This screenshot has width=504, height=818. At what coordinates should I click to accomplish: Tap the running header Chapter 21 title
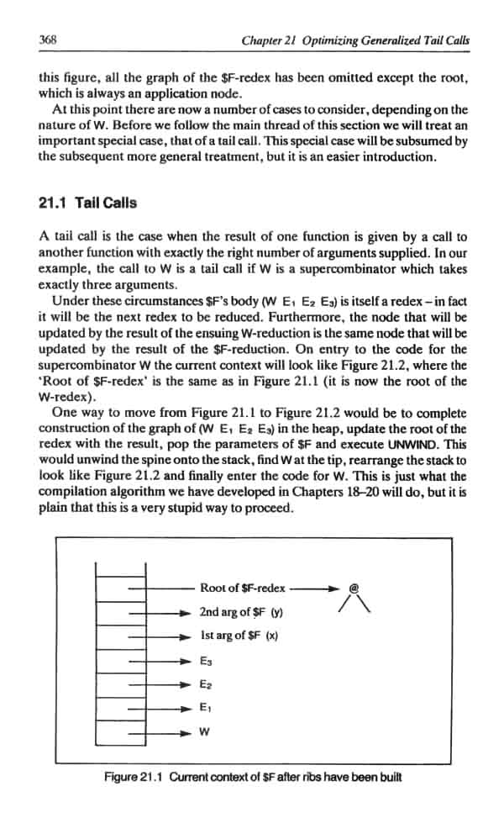(354, 40)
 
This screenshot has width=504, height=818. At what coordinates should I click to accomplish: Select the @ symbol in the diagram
(353, 589)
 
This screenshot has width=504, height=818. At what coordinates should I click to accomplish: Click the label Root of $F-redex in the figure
(243, 588)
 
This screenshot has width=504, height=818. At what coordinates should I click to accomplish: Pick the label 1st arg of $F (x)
(239, 636)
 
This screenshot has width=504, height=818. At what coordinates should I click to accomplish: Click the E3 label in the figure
(206, 662)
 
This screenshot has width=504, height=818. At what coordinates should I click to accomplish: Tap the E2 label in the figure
(206, 686)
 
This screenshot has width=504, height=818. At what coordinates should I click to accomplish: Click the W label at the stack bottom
(204, 735)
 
